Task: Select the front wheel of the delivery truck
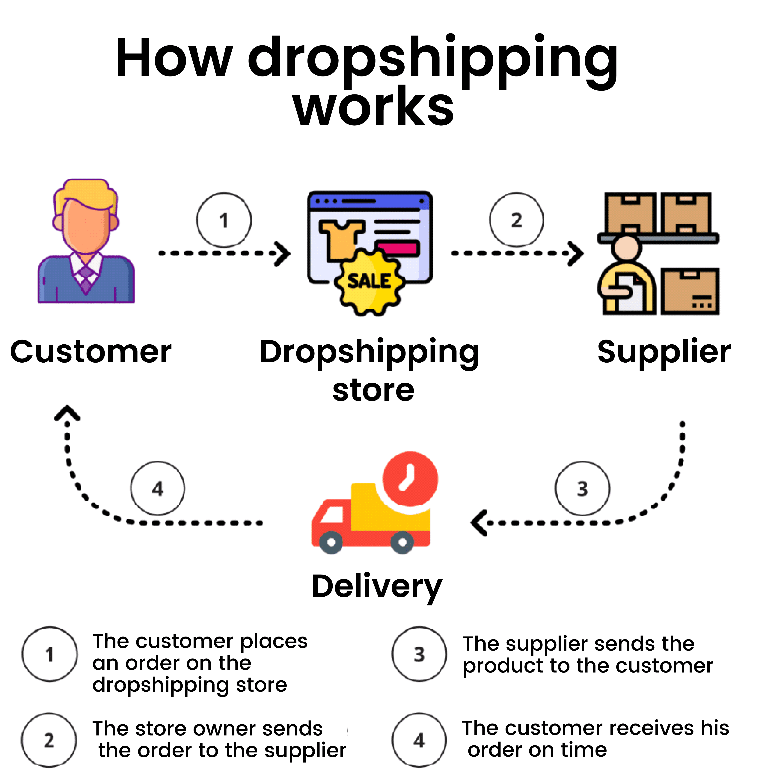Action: click(331, 542)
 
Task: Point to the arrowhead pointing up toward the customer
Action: click(67, 413)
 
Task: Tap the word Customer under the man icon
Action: click(91, 352)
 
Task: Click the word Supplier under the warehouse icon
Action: click(664, 352)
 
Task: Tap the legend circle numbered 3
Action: click(419, 654)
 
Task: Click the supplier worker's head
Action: click(625, 247)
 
